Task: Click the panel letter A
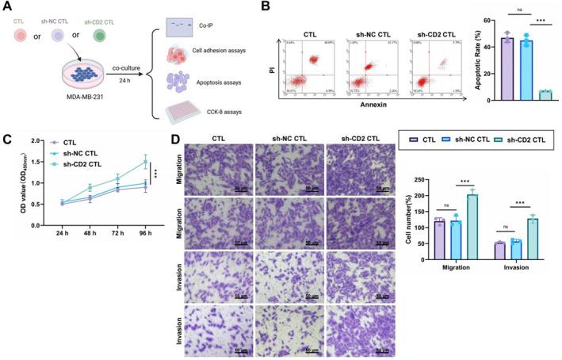point(8,9)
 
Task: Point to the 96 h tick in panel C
point(145,235)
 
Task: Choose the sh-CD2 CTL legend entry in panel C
point(75,164)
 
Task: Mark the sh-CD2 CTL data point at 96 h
point(145,162)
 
